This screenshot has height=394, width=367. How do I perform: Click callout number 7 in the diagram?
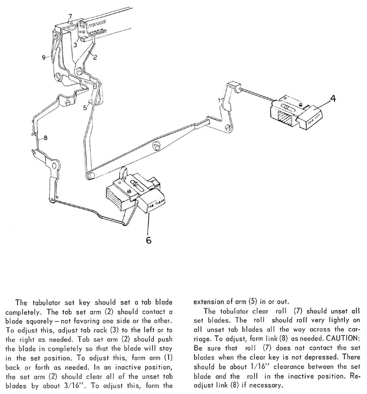pyautogui.click(x=70, y=16)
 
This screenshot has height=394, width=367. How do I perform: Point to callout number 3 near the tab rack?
pyautogui.click(x=75, y=45)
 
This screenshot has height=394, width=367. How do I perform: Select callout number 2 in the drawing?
pyautogui.click(x=95, y=57)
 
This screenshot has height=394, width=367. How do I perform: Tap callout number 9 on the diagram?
pyautogui.click(x=43, y=57)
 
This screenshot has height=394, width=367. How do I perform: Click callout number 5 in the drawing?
pyautogui.click(x=84, y=108)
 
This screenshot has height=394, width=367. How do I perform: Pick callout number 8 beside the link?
pyautogui.click(x=46, y=138)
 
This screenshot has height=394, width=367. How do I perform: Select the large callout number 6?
pyautogui.click(x=148, y=240)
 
